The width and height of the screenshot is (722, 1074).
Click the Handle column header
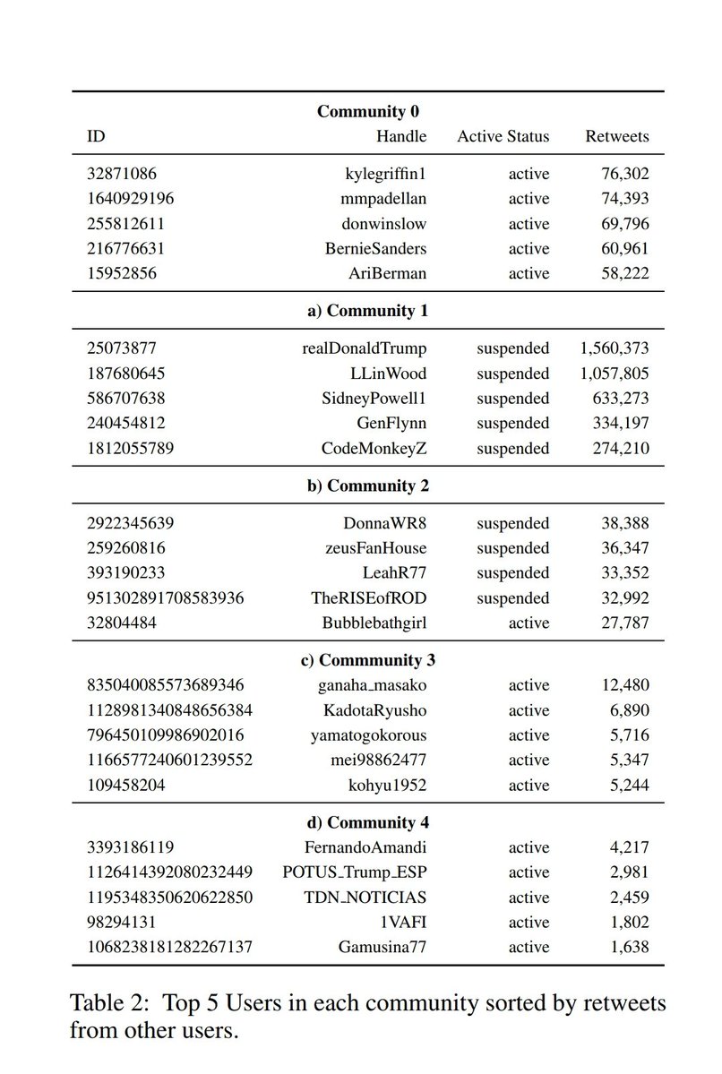pyautogui.click(x=400, y=137)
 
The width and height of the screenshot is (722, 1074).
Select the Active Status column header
pyautogui.click(x=503, y=137)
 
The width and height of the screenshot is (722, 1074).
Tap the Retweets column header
pyautogui.click(x=617, y=137)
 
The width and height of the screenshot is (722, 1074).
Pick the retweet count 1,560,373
pyautogui.click(x=615, y=348)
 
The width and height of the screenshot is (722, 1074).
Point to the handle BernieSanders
pyautogui.click(x=375, y=248)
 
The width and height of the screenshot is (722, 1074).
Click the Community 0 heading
pyautogui.click(x=367, y=112)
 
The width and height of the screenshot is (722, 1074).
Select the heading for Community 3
pyautogui.click(x=367, y=660)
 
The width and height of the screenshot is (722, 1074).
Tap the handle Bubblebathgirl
pyautogui.click(x=374, y=623)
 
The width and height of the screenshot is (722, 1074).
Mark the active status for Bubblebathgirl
pyautogui.click(x=529, y=623)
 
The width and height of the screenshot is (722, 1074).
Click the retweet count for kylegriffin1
pyautogui.click(x=625, y=174)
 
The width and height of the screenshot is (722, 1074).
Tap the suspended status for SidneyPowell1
pyautogui.click(x=512, y=398)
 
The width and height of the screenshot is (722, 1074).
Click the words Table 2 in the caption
pyautogui.click(x=107, y=1002)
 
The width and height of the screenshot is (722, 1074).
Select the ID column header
pyautogui.click(x=95, y=137)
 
